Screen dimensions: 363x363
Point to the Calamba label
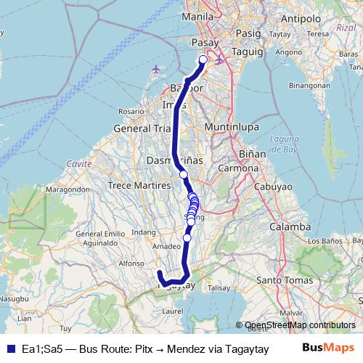tap(287, 227)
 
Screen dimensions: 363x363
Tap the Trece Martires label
tap(135, 185)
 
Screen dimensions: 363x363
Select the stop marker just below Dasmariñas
tap(184, 174)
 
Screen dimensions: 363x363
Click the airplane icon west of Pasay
tap(158, 69)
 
